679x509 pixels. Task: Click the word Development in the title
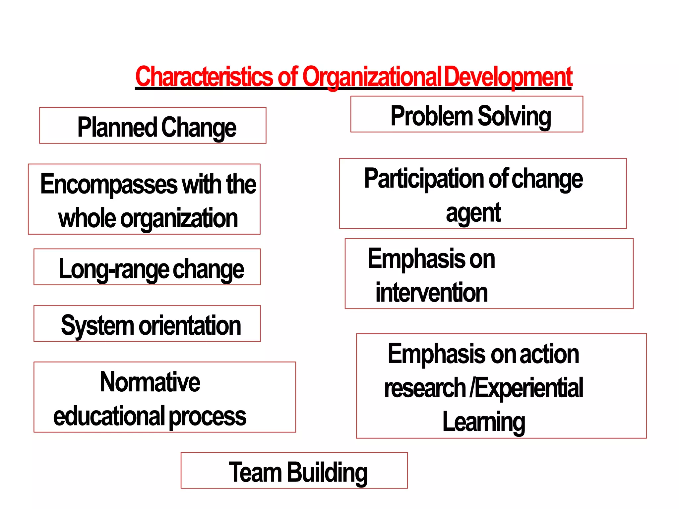pos(508,77)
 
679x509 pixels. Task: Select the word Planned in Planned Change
pos(117,127)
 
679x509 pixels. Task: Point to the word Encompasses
pos(109,184)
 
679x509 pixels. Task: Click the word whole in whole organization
pos(87,218)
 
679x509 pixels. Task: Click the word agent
pos(473,213)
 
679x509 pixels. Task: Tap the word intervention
pos(431,293)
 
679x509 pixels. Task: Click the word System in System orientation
pos(97,325)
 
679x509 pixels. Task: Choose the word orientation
pos(190,325)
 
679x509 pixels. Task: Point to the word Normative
pos(150,382)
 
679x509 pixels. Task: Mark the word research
pos(425,388)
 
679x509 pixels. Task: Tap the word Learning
pos(484,422)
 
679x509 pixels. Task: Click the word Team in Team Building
pos(255,472)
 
